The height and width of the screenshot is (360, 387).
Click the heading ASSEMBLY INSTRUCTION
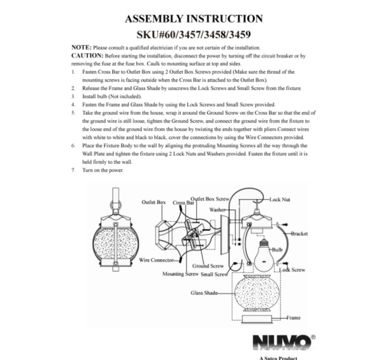(194, 19)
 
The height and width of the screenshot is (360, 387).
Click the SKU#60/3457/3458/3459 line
(194, 34)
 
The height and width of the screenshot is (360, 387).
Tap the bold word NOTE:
(82, 47)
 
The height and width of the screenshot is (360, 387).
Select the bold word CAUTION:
(87, 56)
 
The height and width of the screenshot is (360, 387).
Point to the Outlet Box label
(153, 202)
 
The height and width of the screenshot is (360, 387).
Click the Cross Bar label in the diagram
(183, 203)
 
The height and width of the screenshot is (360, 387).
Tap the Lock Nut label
(280, 200)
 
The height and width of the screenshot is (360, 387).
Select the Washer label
(217, 210)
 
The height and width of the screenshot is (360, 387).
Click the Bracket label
(299, 234)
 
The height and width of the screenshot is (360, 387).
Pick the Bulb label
(277, 250)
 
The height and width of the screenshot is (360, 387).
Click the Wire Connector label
(156, 260)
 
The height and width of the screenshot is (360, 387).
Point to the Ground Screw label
(208, 266)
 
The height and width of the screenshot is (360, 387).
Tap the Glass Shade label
(204, 293)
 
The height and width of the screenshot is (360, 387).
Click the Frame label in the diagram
(293, 318)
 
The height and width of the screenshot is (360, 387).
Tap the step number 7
(73, 170)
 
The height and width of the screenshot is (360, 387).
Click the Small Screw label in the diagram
(214, 274)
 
